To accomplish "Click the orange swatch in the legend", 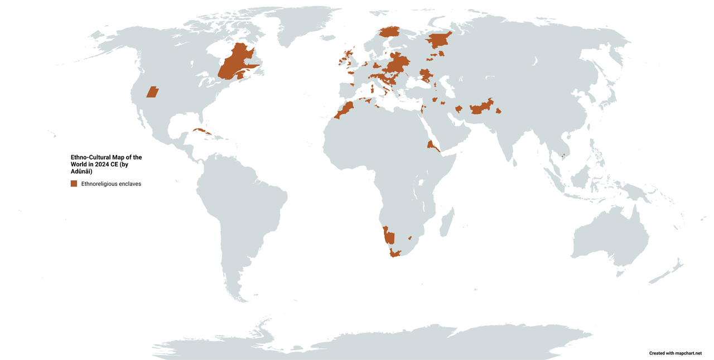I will point(74,184).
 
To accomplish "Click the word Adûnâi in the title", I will point(81,171).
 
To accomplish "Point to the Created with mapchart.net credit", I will point(675,353).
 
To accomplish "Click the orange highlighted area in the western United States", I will point(152,92).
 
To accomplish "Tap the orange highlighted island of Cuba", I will point(201,133).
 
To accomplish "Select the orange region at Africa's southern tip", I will point(395,253).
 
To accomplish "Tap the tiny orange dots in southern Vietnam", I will point(563,156).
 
